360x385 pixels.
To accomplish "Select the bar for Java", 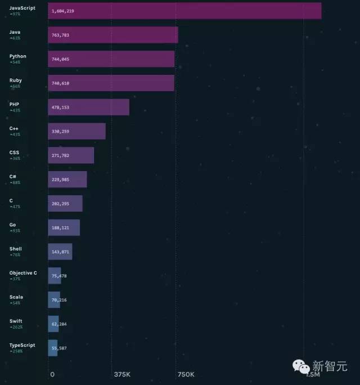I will pyautogui.click(x=112, y=35).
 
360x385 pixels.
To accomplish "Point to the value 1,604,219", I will pyautogui.click(x=62, y=11).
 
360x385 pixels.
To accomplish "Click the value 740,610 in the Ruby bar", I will pyautogui.click(x=60, y=83).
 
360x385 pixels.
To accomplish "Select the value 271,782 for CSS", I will pyautogui.click(x=60, y=155).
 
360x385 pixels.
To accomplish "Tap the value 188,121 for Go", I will pyautogui.click(x=60, y=228).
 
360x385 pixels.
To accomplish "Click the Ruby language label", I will pyautogui.click(x=16, y=80).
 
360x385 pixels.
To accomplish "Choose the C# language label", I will pyautogui.click(x=12, y=177).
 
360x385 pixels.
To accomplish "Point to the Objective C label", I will pyautogui.click(x=23, y=273).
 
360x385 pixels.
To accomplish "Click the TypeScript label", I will pyautogui.click(x=22, y=345).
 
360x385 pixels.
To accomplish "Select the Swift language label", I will pyautogui.click(x=16, y=321).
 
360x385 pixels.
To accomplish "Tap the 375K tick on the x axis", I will pyautogui.click(x=122, y=374).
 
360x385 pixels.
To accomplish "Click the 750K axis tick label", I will pyautogui.click(x=186, y=374).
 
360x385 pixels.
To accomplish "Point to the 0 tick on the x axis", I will pyautogui.click(x=52, y=374).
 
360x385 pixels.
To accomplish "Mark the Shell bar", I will pyautogui.click(x=60, y=252).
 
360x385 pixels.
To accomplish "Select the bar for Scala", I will pyautogui.click(x=54, y=300).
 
